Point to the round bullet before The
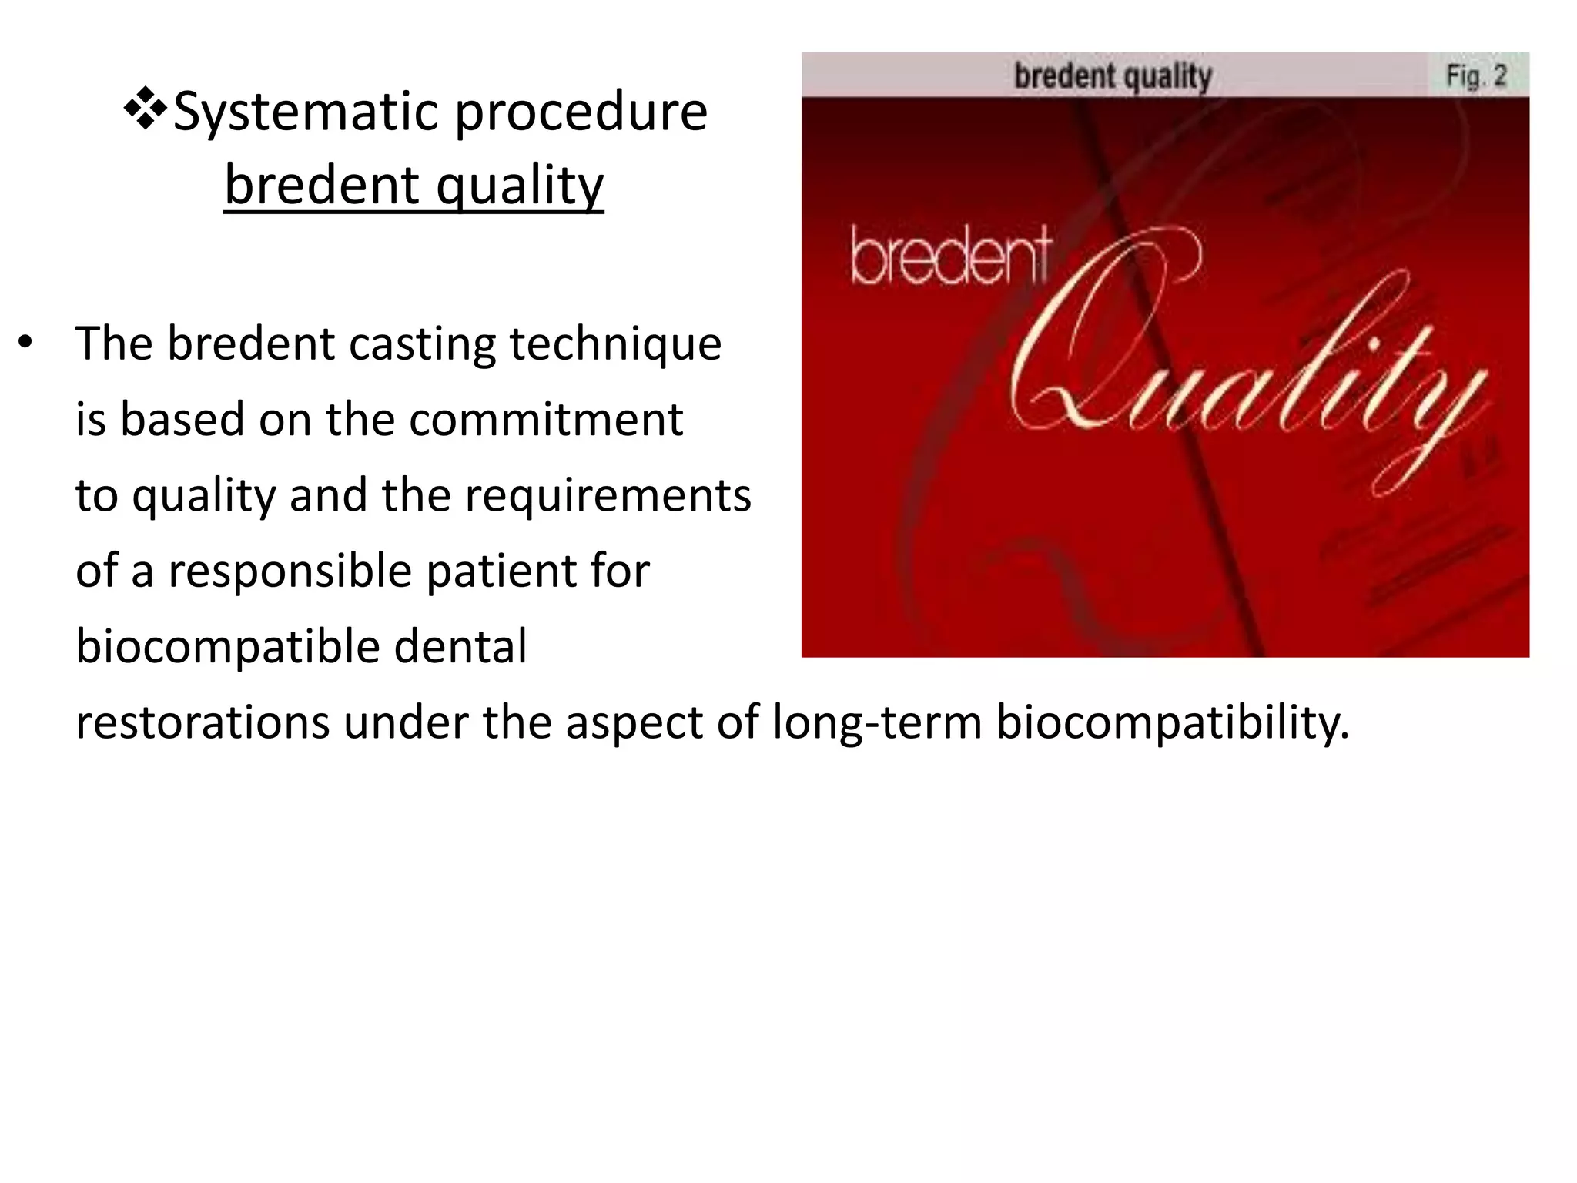25,342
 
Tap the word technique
615,345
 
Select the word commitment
545,420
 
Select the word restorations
203,723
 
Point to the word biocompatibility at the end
1172,724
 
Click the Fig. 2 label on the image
1475,75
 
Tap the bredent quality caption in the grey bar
1113,76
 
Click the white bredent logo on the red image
950,257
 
